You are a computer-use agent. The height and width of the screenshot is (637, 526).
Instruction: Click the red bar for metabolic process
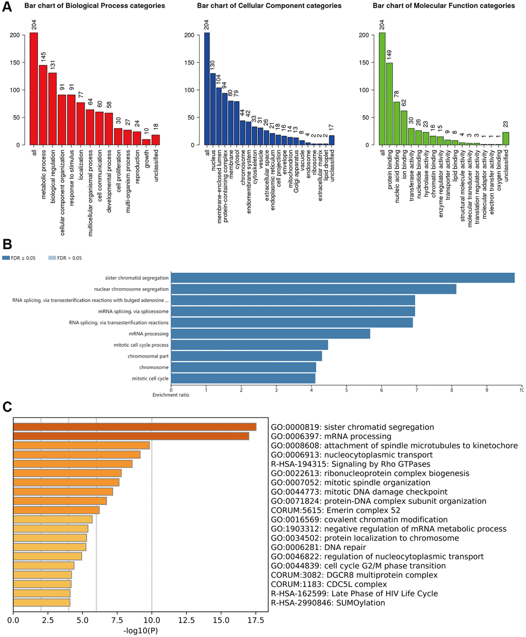click(43, 105)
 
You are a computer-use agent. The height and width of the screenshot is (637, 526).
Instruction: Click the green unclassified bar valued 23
click(505, 139)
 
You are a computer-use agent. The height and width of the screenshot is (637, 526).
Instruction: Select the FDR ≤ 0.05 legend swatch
click(6, 258)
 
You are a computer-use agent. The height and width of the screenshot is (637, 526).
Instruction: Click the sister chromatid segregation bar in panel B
click(342, 278)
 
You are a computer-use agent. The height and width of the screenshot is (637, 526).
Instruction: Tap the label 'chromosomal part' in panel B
click(149, 356)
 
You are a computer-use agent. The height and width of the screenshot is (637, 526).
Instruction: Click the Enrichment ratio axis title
click(171, 395)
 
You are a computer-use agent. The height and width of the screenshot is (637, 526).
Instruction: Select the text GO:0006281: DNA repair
click(318, 547)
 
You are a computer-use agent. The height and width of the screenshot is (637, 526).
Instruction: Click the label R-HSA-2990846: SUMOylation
click(328, 603)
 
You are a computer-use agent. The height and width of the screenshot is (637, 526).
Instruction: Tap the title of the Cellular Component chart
click(269, 6)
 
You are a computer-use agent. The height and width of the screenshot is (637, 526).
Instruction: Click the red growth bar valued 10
click(146, 142)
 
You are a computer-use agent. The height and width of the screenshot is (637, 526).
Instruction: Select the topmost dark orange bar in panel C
click(135, 427)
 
